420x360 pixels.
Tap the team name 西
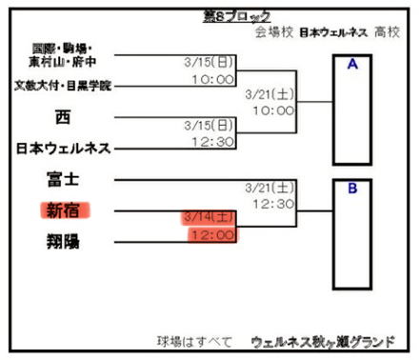click(64, 117)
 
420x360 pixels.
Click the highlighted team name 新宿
click(64, 210)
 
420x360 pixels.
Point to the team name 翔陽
click(64, 242)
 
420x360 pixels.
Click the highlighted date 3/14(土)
click(208, 217)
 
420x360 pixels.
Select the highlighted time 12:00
click(211, 233)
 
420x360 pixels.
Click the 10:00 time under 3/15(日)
click(212, 79)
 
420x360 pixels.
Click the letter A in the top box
click(352, 65)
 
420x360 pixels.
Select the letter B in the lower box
click(352, 188)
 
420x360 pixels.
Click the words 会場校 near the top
click(271, 32)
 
